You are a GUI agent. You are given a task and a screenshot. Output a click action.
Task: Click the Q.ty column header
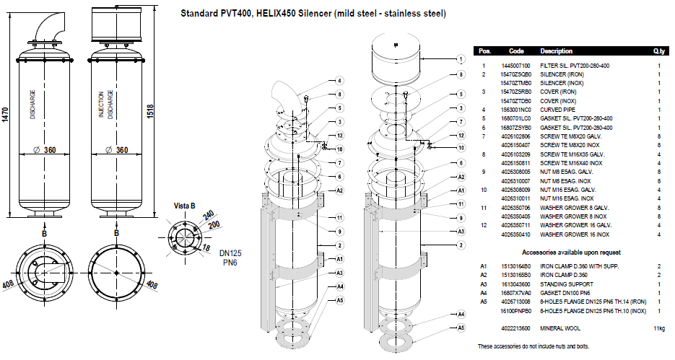(x=658, y=52)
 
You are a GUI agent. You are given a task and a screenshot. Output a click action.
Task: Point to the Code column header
(x=516, y=52)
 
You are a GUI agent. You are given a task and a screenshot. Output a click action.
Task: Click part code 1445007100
(x=515, y=66)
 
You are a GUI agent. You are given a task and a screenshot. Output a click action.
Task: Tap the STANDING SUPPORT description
(x=568, y=285)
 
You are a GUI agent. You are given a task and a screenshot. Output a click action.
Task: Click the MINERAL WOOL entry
(x=559, y=329)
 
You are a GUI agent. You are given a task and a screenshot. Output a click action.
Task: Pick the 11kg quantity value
(x=658, y=329)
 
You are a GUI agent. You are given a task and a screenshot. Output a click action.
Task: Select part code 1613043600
(x=515, y=285)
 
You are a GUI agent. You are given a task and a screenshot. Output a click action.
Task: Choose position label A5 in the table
(x=484, y=302)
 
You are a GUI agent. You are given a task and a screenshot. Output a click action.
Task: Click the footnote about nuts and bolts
(x=534, y=346)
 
